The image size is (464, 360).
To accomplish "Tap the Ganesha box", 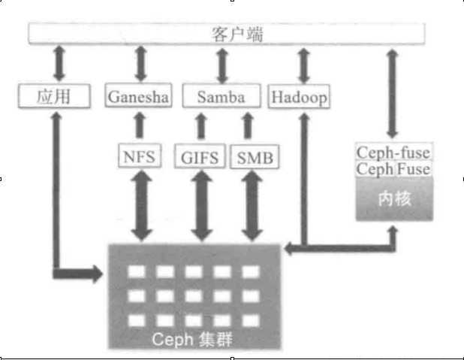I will click(x=140, y=97).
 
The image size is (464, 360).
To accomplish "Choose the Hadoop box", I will click(x=299, y=97).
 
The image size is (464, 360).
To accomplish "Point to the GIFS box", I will click(x=200, y=158).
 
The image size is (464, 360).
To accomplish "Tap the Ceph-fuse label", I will click(x=393, y=154).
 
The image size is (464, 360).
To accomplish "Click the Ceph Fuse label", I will click(x=393, y=170).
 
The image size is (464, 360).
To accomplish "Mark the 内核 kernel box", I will click(x=393, y=199).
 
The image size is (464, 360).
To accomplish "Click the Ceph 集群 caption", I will click(x=193, y=339).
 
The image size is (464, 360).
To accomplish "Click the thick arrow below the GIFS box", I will click(x=200, y=204).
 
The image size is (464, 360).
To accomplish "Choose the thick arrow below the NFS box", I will click(x=140, y=204).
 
